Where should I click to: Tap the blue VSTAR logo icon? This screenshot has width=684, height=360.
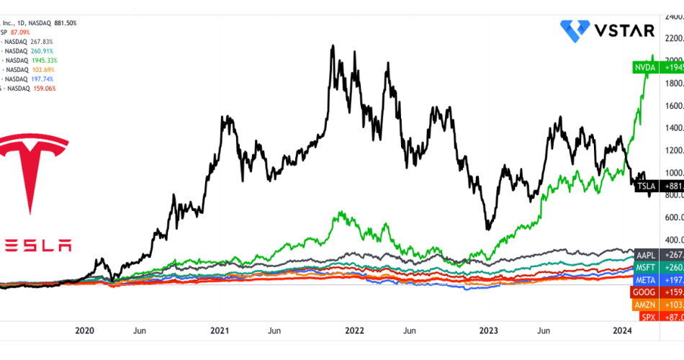574,31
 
